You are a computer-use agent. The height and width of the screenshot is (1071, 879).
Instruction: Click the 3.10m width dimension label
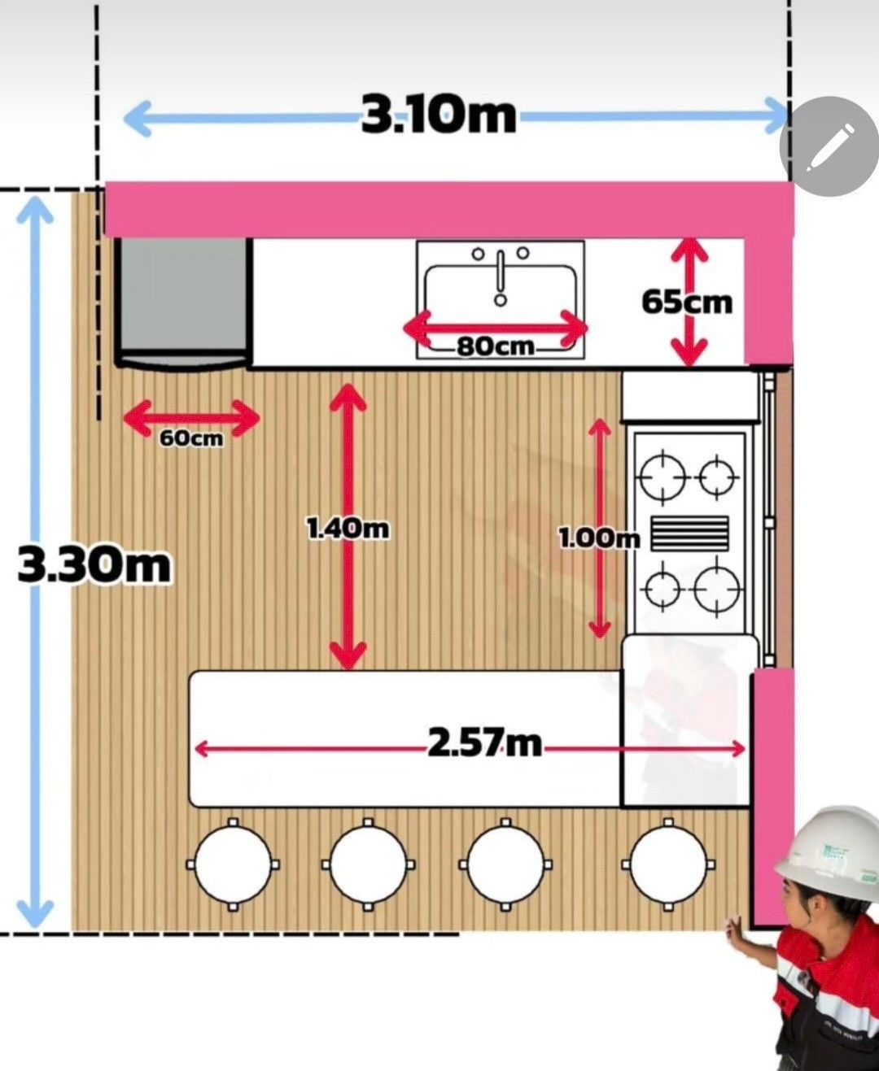point(439,116)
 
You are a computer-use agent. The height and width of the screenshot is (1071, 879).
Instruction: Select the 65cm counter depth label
point(686,303)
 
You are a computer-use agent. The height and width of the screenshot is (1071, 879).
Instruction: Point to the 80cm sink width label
point(496,347)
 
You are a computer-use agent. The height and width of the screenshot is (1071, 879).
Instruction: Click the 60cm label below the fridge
point(191,438)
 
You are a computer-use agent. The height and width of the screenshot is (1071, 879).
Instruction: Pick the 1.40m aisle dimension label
point(348,529)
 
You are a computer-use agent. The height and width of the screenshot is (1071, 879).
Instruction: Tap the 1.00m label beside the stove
point(599,538)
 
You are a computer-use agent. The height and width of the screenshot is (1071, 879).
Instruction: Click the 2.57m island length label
point(484,742)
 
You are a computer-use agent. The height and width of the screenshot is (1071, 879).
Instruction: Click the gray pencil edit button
point(829,146)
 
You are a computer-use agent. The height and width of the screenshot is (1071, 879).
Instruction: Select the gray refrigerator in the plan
point(183,302)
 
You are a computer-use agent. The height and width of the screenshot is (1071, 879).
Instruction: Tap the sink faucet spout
point(501,276)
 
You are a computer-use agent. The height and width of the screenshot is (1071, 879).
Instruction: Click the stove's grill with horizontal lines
point(690,533)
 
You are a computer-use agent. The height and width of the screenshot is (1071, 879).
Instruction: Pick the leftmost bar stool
point(233,864)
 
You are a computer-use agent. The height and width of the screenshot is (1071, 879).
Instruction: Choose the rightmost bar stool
point(668,864)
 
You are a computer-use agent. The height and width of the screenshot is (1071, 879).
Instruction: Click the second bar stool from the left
point(369,864)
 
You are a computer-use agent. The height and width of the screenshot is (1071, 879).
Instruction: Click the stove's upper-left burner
point(663,478)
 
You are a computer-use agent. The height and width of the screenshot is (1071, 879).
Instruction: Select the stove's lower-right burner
point(717,590)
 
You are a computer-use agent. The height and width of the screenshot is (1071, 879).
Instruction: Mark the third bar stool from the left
point(505,864)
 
